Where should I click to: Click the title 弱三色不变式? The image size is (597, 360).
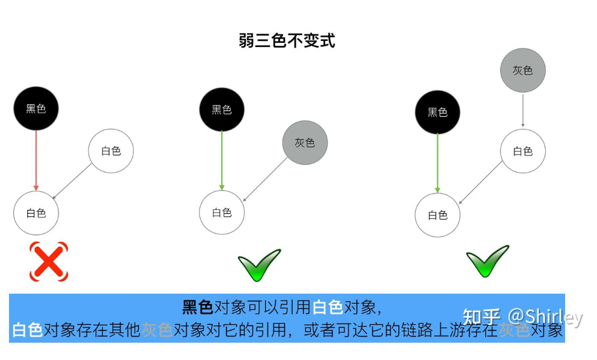pyautogui.click(x=287, y=41)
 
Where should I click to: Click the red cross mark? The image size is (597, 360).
pyautogui.click(x=49, y=262)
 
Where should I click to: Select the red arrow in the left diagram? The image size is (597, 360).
pyautogui.click(x=36, y=160)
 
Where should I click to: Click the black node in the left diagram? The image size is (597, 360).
pyautogui.click(x=36, y=109)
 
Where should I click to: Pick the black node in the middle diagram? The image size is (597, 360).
pyautogui.click(x=222, y=110)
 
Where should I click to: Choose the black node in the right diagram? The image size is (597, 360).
pyautogui.click(x=437, y=113)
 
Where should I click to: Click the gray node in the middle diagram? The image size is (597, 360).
pyautogui.click(x=305, y=143)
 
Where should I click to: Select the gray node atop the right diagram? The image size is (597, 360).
pyautogui.click(x=522, y=70)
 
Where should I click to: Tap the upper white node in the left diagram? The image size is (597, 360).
pyautogui.click(x=111, y=151)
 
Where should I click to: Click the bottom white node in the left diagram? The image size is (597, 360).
pyautogui.click(x=36, y=213)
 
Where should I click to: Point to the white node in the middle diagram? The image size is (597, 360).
pyautogui.click(x=222, y=213)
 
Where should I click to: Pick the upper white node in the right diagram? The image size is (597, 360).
pyautogui.click(x=522, y=151)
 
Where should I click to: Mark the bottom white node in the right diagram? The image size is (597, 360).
pyautogui.click(x=437, y=215)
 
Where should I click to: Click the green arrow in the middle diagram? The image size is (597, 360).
pyautogui.click(x=222, y=160)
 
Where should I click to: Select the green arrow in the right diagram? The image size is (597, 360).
pyautogui.click(x=437, y=163)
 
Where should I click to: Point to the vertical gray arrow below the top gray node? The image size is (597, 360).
pyautogui.click(x=522, y=110)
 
